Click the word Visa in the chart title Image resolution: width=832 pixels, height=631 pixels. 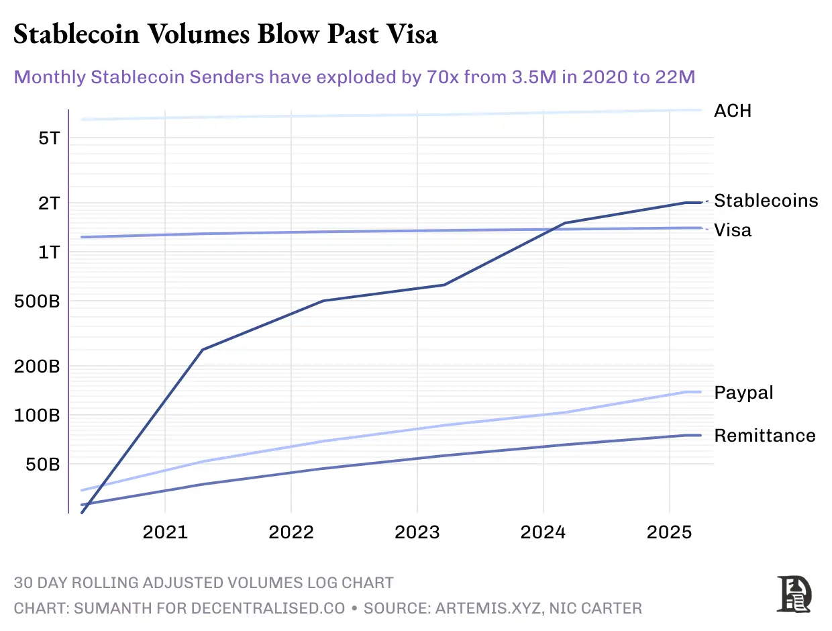[407, 34]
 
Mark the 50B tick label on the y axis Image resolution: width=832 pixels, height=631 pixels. [42, 465]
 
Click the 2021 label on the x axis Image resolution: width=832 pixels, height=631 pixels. [164, 532]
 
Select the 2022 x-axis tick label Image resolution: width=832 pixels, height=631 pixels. [291, 532]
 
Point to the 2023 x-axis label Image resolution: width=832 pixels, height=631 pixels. [417, 532]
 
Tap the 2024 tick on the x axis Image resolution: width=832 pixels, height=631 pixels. [543, 532]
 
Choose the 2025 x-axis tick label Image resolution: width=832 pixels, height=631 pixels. [669, 532]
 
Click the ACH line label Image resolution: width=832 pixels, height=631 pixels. [733, 111]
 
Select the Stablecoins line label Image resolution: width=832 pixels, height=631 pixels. [766, 201]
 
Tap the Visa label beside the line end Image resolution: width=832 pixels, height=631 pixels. [733, 230]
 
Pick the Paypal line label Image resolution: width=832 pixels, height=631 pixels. [743, 393]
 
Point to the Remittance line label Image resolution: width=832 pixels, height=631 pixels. [765, 436]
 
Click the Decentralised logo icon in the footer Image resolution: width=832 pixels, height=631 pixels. [794, 594]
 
